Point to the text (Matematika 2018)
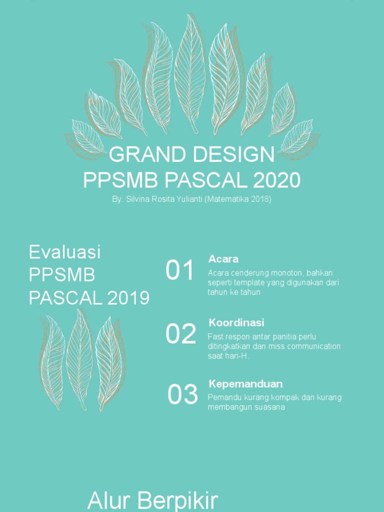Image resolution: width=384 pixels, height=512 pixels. pos(237,199)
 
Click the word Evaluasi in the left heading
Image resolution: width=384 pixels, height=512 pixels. pos(65,252)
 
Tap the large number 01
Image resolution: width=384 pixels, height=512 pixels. pos(180,271)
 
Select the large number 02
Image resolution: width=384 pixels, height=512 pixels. pos(181,334)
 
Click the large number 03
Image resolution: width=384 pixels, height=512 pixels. pos(182,395)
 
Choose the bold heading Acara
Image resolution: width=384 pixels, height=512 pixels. pos(223,259)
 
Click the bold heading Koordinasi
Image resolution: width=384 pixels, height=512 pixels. pos(236,322)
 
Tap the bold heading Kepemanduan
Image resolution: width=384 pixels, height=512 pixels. pos(245,384)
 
